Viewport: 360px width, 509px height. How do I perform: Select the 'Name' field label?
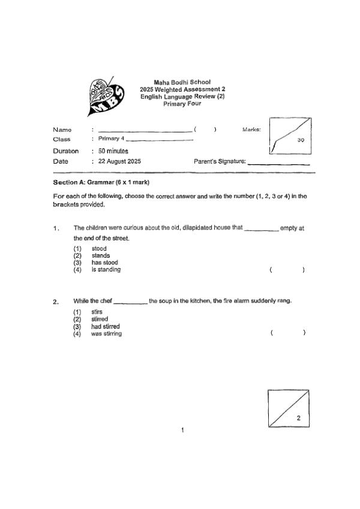tap(62, 129)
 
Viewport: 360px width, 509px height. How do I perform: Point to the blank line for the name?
tap(144, 131)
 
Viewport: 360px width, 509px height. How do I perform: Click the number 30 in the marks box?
tap(302, 138)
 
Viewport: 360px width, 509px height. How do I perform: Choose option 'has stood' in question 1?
tap(104, 263)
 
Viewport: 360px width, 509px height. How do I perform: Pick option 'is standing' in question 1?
tap(106, 270)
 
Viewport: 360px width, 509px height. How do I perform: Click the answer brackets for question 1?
tap(287, 270)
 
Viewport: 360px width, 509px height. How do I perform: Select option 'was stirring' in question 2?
tap(106, 334)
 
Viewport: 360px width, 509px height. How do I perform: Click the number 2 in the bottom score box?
tap(298, 418)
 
